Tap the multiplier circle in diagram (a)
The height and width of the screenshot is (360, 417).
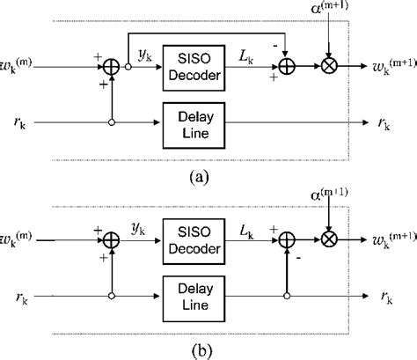326,67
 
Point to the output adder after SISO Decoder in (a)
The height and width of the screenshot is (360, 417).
285,67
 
